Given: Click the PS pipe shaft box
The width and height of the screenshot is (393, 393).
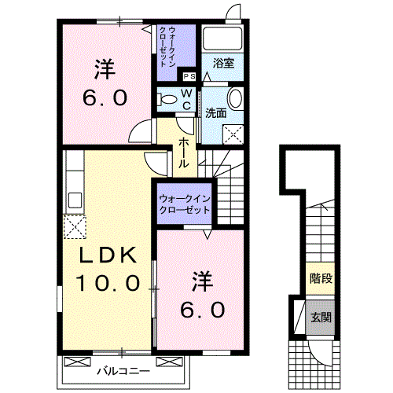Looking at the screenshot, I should click(189, 76).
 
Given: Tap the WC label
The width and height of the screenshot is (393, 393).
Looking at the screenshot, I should click(188, 100).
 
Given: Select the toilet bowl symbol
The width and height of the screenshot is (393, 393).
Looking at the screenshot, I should click(166, 99).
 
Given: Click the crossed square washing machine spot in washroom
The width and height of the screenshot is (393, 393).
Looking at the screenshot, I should click(233, 133).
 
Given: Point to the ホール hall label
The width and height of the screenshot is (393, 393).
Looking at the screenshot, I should click(183, 152).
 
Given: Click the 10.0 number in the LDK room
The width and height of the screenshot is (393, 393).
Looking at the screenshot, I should click(108, 281).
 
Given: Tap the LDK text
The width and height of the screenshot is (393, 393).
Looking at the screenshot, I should click(108, 254).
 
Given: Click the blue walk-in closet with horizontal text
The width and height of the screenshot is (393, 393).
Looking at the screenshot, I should click(184, 204).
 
